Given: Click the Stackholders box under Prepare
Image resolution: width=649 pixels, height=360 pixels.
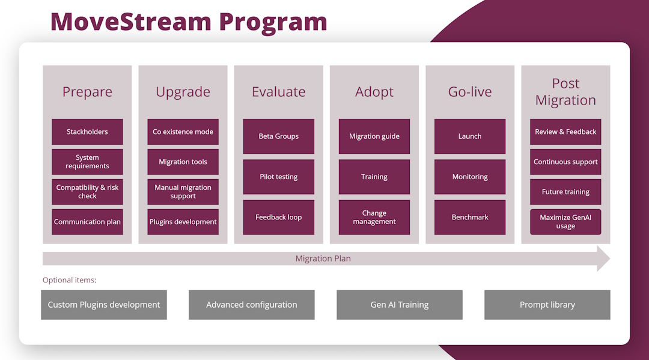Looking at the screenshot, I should tap(87, 132).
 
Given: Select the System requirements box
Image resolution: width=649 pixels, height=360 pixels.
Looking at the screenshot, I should tap(87, 162).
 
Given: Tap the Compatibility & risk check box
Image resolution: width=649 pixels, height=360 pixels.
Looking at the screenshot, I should tap(87, 192).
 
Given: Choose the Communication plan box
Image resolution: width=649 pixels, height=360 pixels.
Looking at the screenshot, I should tap(87, 222).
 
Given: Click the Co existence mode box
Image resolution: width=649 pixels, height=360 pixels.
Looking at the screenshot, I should tap(183, 132).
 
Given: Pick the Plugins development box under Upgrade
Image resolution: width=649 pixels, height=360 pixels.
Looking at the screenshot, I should tap(183, 222).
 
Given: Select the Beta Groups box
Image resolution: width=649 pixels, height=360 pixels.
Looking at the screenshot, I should tap(278, 136).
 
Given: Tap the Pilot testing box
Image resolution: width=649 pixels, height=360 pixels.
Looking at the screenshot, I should tap(278, 177).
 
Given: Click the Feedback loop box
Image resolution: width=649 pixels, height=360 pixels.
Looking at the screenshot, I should tap(278, 217).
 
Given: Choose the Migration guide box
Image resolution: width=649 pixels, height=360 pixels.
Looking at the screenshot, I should tap(374, 136).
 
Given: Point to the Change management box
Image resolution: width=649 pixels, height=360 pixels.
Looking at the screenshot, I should tap(374, 217).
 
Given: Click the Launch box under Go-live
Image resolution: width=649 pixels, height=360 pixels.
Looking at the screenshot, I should tap(470, 136).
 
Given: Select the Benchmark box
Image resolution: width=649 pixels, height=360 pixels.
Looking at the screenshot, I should tap(470, 217).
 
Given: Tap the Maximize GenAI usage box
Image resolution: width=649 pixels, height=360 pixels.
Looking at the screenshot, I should tap(565, 222).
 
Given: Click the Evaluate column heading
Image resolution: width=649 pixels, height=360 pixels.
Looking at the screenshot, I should tap(278, 92).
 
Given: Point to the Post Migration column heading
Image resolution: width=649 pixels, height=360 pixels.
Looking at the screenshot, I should tap(565, 92).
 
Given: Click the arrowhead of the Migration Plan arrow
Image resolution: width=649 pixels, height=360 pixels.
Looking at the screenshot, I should tap(602, 258).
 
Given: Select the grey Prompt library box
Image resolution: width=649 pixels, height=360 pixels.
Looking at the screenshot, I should tap(547, 305).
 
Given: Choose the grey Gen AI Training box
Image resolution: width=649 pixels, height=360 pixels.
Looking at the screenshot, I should tap(400, 305).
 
